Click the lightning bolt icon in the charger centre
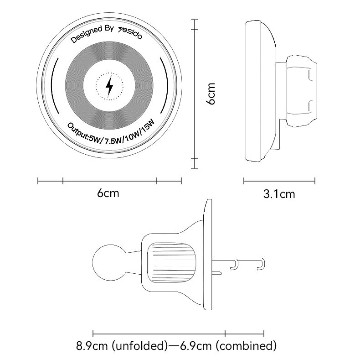click(109, 86)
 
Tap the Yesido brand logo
click(130, 33)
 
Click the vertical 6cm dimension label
click(211, 94)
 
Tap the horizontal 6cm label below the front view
click(108, 193)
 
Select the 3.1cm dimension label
click(279, 194)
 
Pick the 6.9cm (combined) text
click(228, 345)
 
